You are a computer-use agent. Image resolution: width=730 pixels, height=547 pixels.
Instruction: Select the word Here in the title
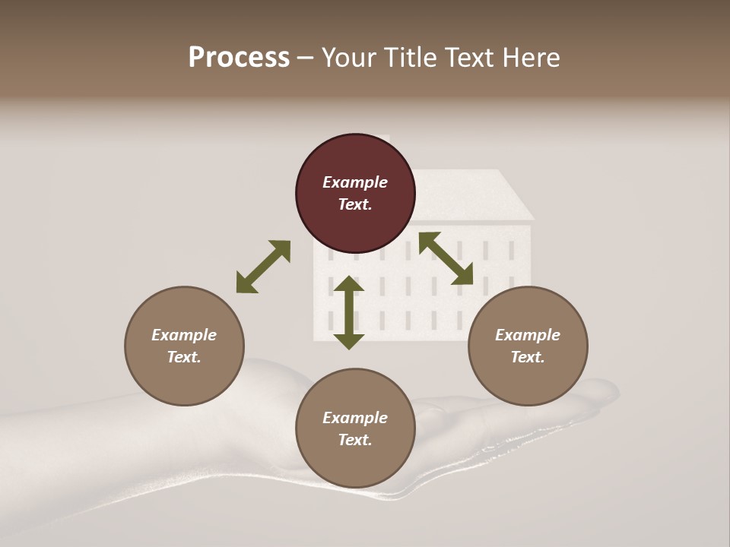tap(531, 58)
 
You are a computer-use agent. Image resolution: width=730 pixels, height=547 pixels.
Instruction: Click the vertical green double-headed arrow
tap(349, 312)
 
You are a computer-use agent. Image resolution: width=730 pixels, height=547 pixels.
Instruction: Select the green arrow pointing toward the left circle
tap(263, 267)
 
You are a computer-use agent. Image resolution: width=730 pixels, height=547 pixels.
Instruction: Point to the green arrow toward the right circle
tap(446, 258)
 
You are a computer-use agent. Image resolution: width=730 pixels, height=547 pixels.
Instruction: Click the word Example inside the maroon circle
tap(355, 182)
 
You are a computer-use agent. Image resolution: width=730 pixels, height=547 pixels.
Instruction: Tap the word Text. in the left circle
tap(184, 357)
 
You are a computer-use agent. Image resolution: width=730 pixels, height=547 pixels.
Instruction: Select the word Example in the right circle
tap(528, 335)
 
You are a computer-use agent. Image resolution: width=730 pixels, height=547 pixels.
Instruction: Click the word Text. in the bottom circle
tap(355, 440)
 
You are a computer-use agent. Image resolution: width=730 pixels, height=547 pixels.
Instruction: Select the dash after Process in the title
tap(306, 58)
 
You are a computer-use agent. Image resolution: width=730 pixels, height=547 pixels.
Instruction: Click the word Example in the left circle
tap(184, 335)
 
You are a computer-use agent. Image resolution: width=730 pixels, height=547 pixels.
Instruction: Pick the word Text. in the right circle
tap(528, 357)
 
